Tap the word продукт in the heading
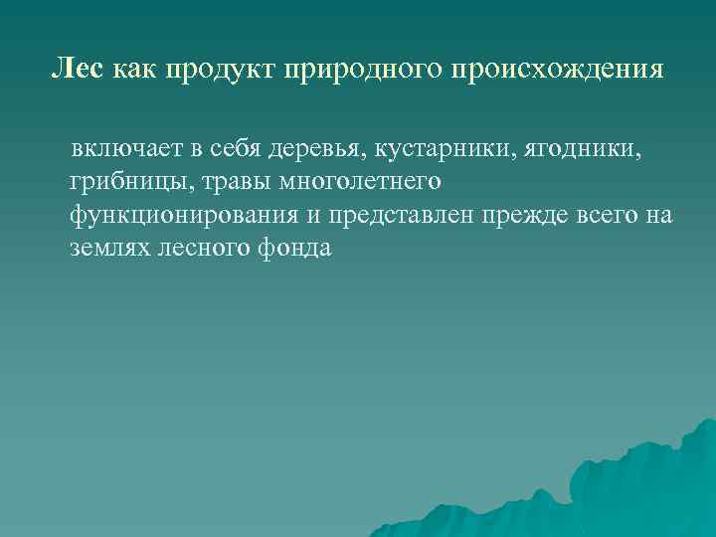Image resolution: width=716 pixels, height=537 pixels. click(x=211, y=70)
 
